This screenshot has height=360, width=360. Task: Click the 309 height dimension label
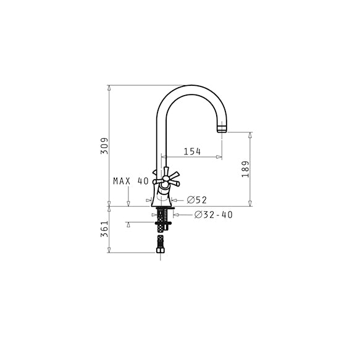(x=104, y=146)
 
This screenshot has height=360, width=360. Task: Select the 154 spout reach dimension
(x=192, y=151)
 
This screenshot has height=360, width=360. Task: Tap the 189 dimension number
(x=245, y=169)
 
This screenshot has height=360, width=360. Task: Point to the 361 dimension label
(x=104, y=229)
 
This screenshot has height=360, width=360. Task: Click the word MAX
(x=122, y=181)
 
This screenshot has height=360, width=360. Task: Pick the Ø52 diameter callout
(x=197, y=200)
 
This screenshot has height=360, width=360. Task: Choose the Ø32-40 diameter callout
(x=214, y=215)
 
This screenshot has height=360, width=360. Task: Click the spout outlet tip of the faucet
(x=222, y=129)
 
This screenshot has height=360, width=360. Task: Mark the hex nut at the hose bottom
(x=161, y=250)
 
